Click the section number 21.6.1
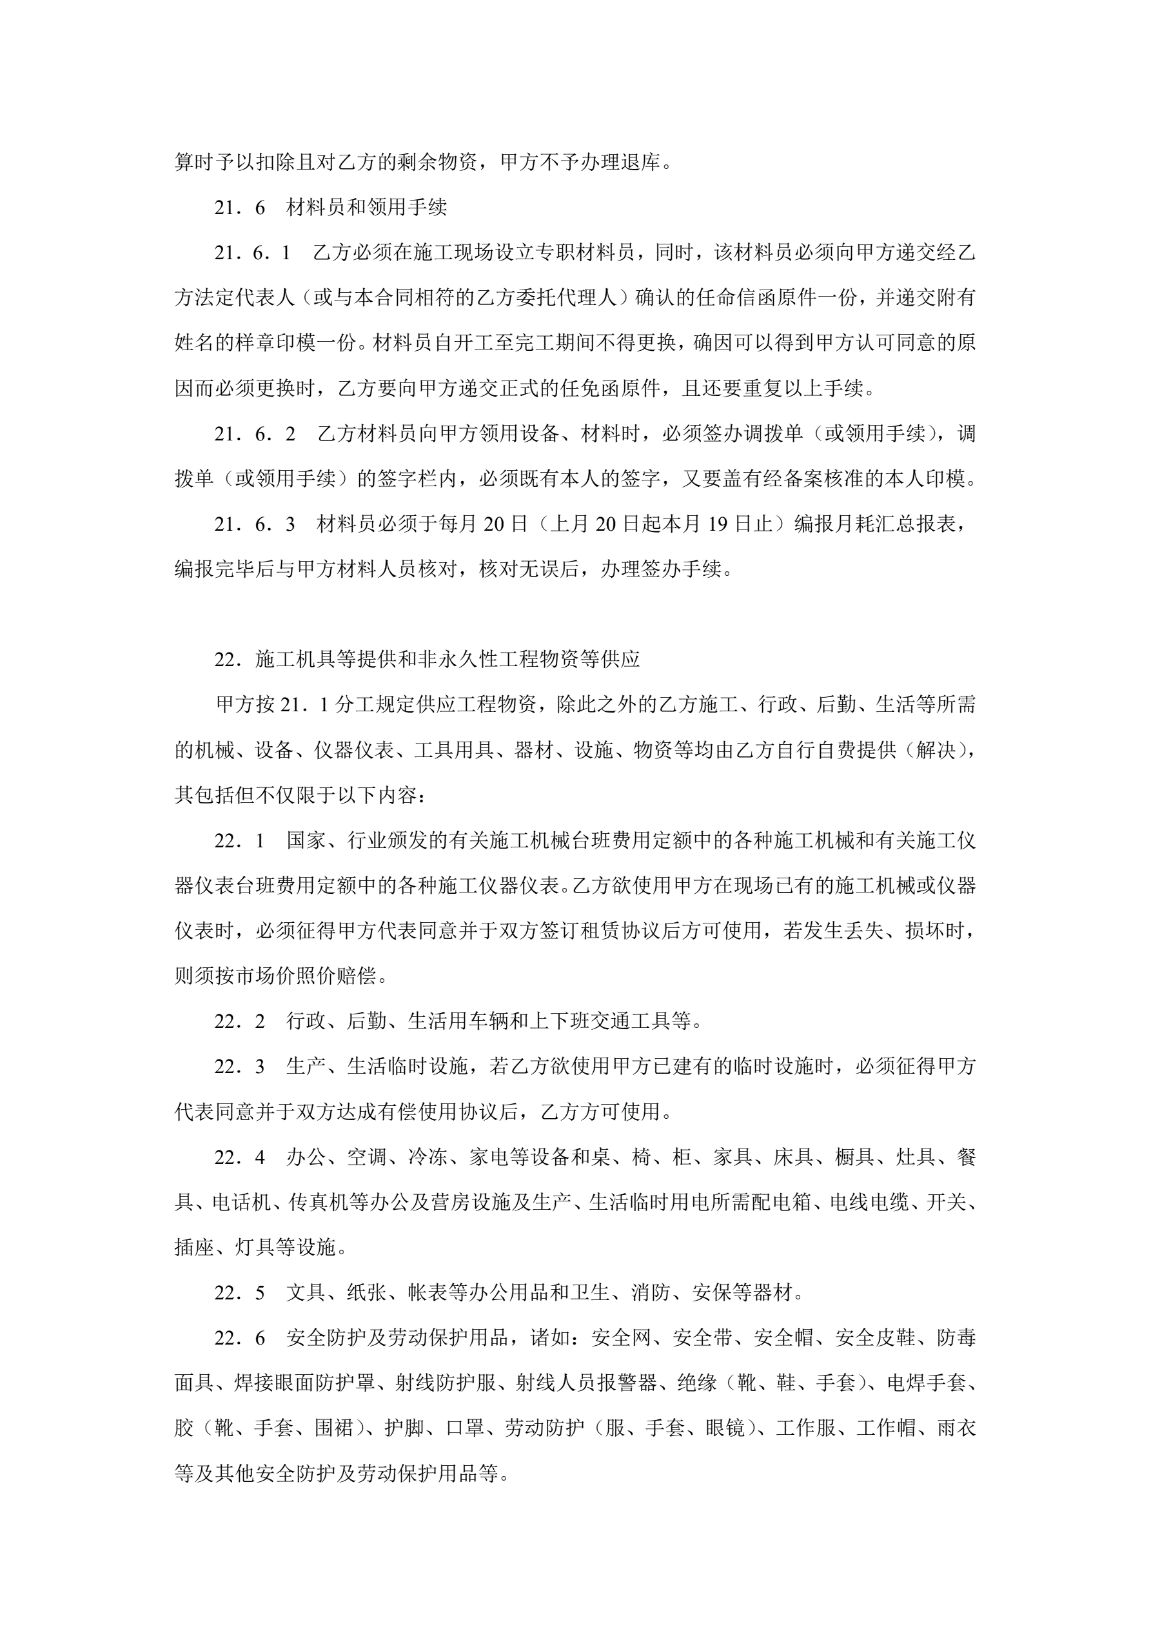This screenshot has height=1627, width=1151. [x=252, y=253]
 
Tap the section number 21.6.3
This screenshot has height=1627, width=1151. [x=255, y=524]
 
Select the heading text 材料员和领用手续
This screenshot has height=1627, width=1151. [x=366, y=208]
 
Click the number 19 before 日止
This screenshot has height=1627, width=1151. [x=717, y=524]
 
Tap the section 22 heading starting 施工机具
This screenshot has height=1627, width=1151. [x=448, y=660]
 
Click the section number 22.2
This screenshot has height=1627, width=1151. [x=240, y=1021]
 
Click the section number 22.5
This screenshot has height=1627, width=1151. [x=240, y=1292]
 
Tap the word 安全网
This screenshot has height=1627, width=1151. [x=621, y=1338]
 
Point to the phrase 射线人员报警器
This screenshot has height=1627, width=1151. [x=586, y=1383]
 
